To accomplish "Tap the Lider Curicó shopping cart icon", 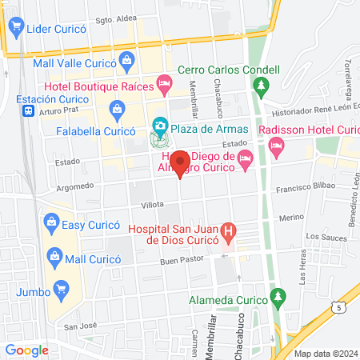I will (x=14, y=28).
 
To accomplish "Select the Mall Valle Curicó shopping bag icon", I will (x=126, y=60).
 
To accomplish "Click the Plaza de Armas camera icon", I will (x=160, y=126).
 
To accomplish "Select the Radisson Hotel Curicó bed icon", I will (x=277, y=145).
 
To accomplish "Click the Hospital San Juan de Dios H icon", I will (x=230, y=234).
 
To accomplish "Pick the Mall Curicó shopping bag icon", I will (x=54, y=256).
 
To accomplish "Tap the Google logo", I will (x=27, y=350).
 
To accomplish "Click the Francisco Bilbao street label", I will (x=303, y=192).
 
